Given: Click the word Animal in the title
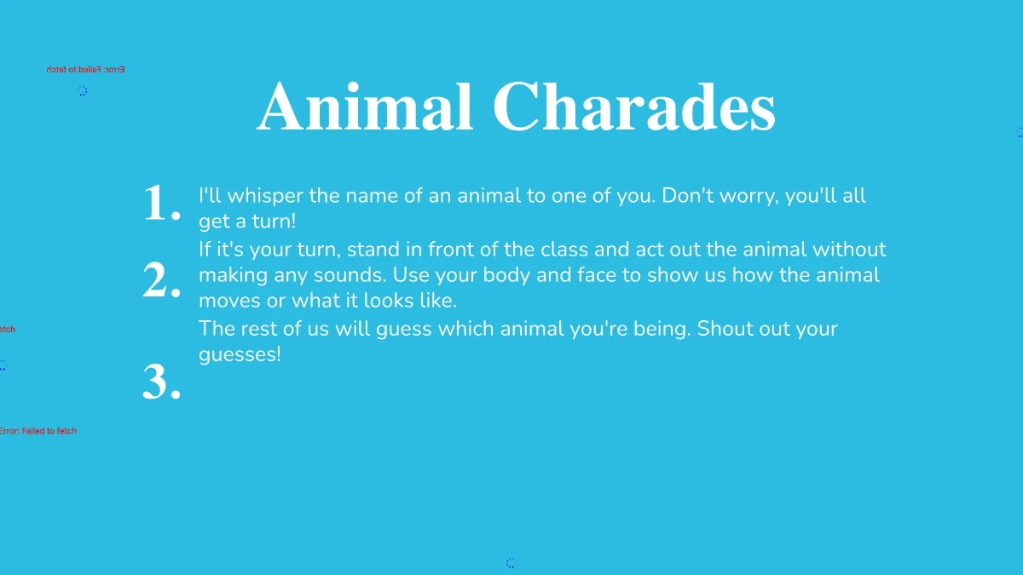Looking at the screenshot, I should coord(365,107).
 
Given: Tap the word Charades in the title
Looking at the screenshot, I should coord(633,107).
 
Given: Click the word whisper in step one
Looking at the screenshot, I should coord(263,196).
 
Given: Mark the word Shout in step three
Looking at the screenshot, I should coord(724,329).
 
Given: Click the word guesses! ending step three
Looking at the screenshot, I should coord(240,354).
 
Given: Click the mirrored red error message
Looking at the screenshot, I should coord(85,70).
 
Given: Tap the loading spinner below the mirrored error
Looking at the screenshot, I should coord(82,90).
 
